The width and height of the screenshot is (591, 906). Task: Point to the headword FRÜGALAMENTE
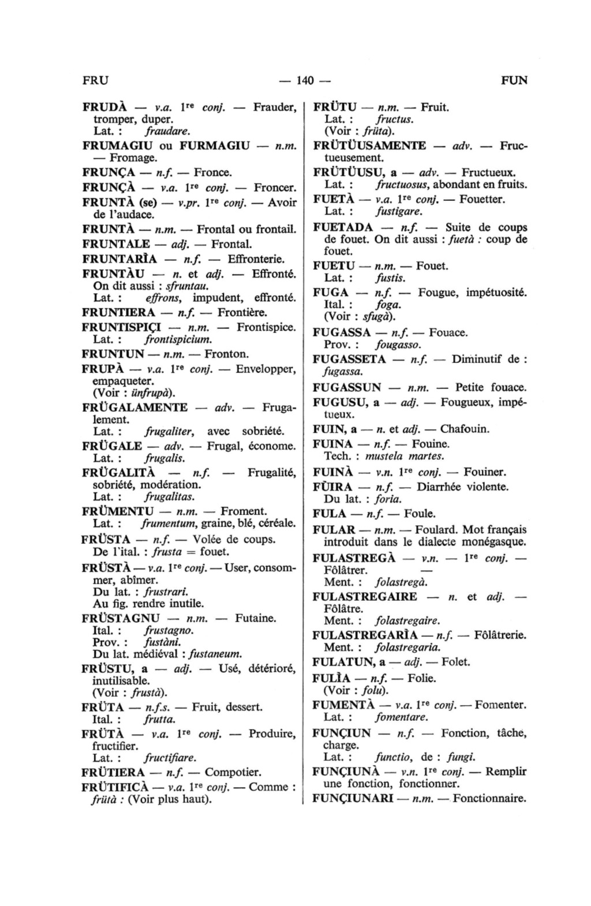[135, 407]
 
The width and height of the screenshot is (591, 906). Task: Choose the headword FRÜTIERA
[113, 772]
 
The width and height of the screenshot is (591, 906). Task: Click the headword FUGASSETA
[349, 360]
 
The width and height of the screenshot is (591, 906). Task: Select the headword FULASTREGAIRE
[365, 597]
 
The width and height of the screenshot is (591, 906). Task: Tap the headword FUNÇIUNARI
[352, 799]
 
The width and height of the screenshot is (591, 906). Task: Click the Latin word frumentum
[170, 524]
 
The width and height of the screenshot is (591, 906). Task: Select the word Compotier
[233, 772]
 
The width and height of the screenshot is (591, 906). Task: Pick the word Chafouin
[465, 429]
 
